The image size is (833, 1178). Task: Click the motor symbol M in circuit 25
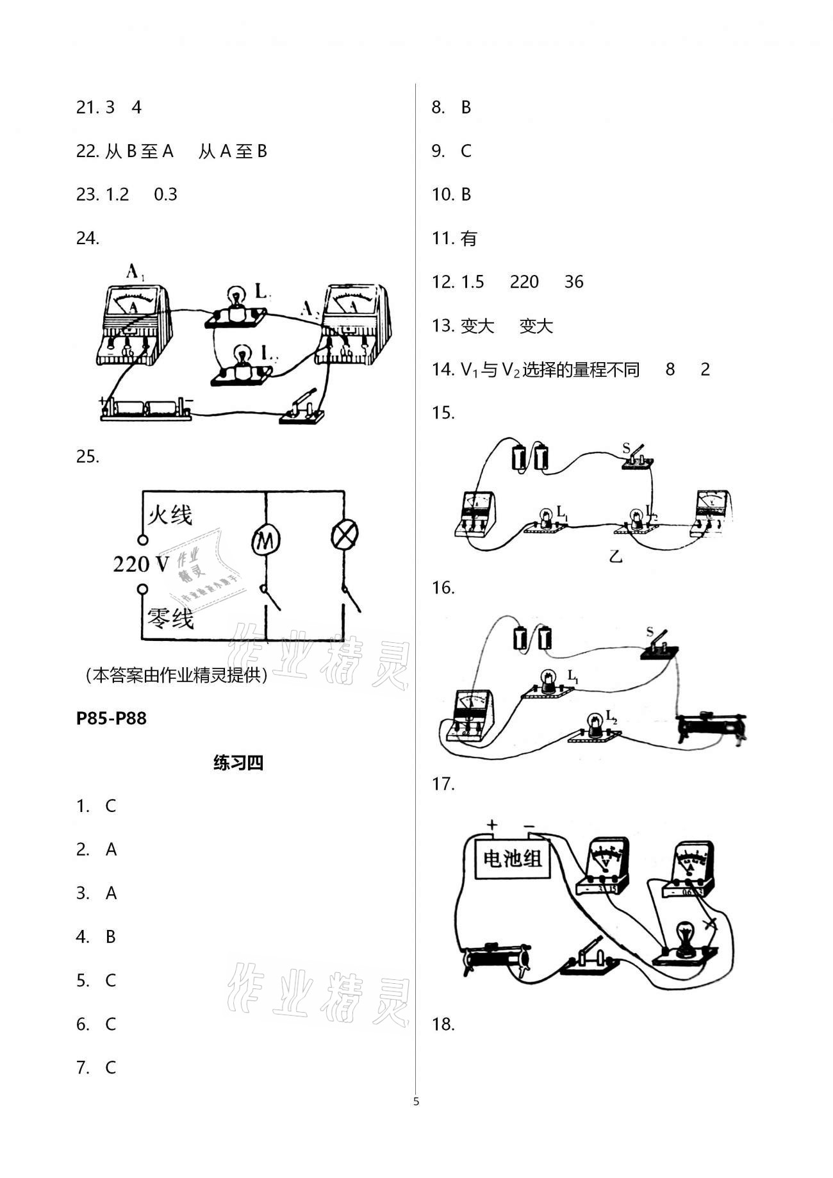[x=265, y=540]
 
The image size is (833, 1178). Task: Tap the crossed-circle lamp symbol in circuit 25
[x=344, y=535]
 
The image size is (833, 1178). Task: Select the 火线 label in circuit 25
[x=170, y=515]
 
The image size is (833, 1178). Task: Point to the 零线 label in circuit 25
[x=170, y=618]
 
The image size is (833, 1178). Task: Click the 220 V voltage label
[x=141, y=564]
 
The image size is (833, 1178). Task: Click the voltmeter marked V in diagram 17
[x=604, y=866]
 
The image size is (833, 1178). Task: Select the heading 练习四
[x=238, y=763]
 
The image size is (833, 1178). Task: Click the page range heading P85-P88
[x=111, y=718]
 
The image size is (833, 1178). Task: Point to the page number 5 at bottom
[x=416, y=1102]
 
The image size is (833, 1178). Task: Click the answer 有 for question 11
[x=469, y=238]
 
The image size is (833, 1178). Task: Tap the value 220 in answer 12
[x=524, y=282]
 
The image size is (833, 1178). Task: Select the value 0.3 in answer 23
[x=165, y=195]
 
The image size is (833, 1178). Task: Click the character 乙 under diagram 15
[x=616, y=556]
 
